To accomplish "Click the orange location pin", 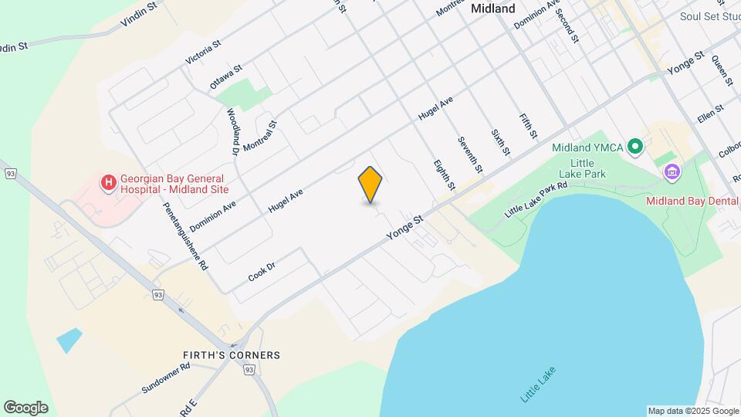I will click(370, 184).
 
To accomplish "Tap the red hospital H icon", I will click(109, 183).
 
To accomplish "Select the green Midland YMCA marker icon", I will click(634, 146).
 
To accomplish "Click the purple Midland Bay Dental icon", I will click(672, 171).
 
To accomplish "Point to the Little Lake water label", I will click(538, 385).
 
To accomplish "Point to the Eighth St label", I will click(444, 175).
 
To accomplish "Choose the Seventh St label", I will click(469, 154).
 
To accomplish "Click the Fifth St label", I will click(528, 126).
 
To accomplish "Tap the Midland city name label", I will click(492, 8).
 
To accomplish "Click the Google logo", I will click(25, 408).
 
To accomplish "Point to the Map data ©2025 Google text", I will click(692, 411).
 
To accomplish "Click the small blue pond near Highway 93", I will click(68, 340).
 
